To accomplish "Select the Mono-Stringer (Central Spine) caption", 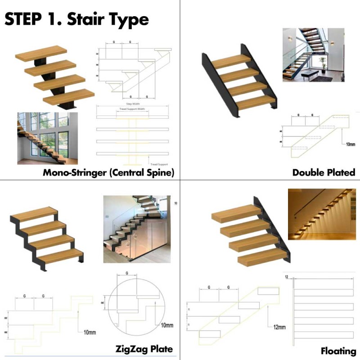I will (108, 173).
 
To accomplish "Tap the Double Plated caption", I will (324, 172).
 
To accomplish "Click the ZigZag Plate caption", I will (144, 349).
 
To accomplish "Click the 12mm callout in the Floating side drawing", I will (279, 327).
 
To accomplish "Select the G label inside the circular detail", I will (127, 273).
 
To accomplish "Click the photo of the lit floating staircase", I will (321, 214).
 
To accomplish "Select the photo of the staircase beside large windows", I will (47, 138).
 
